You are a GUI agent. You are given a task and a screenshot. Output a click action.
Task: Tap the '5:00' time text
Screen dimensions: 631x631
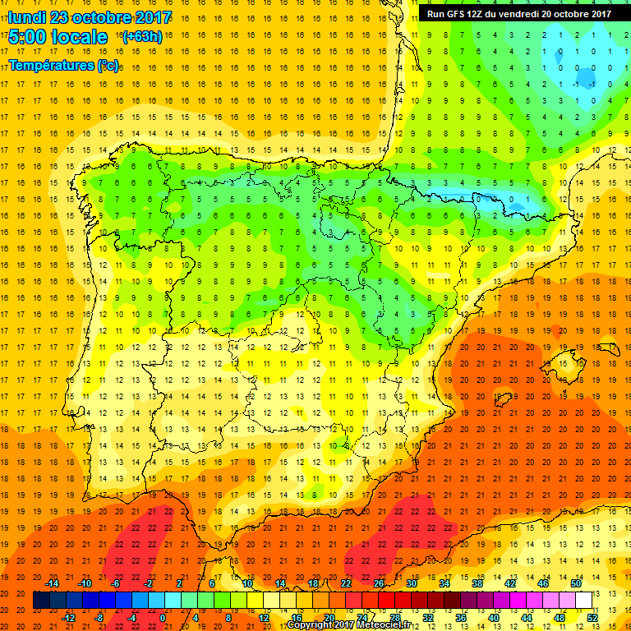point(28,37)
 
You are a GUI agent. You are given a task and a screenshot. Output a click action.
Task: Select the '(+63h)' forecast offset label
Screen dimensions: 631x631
point(142,37)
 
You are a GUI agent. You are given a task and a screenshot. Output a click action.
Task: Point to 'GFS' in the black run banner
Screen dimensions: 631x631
point(458,13)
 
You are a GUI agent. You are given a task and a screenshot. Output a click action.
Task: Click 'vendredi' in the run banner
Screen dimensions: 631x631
point(540,13)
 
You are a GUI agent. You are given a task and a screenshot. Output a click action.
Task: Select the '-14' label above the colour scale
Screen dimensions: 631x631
point(52,583)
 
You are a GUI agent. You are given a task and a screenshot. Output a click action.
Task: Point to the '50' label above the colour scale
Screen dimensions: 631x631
point(576,583)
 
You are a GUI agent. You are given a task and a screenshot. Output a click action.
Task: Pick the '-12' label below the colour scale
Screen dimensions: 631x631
point(68,617)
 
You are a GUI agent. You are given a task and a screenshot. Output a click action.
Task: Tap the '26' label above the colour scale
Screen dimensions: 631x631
point(379,583)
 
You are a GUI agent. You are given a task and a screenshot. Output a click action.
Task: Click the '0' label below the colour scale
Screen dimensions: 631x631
point(163,617)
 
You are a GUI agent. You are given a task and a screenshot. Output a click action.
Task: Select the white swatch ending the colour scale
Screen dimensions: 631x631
point(584,600)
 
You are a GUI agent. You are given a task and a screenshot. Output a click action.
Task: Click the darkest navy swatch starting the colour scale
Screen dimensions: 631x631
point(42,600)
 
